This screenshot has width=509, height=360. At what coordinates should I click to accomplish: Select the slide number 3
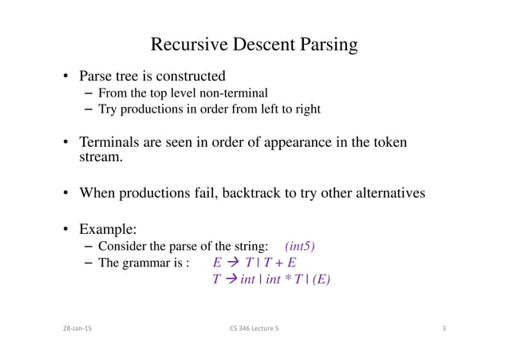click(x=444, y=329)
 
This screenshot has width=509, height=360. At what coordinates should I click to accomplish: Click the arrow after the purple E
click(x=231, y=262)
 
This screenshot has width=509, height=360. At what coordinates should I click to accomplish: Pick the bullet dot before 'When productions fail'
click(x=67, y=194)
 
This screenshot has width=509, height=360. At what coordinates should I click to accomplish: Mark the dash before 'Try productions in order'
click(x=88, y=109)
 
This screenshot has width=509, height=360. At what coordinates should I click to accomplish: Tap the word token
click(x=389, y=143)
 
